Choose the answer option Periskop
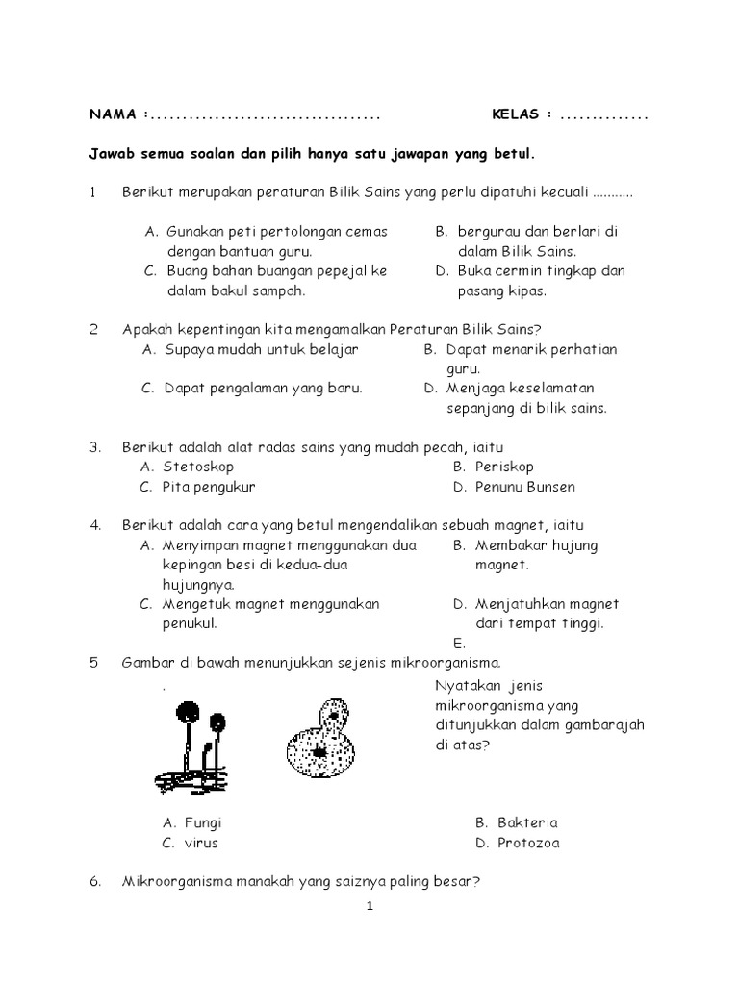[505, 467]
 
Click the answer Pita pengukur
[210, 487]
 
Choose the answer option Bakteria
[527, 823]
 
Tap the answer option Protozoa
[528, 844]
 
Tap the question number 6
[95, 882]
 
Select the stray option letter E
[458, 644]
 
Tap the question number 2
[94, 330]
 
